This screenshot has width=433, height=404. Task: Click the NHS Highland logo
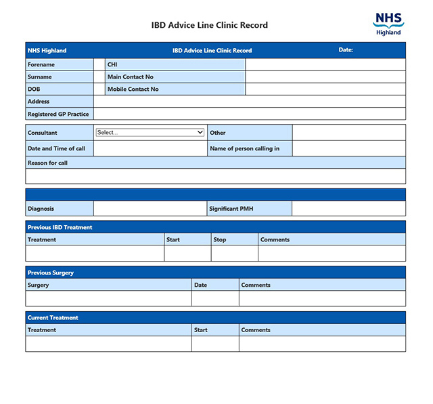[x=388, y=23]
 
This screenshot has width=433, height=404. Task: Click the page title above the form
[x=210, y=25]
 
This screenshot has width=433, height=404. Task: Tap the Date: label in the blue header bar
[x=346, y=49]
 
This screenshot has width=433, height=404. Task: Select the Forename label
[x=41, y=64]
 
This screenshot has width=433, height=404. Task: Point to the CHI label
[x=112, y=64]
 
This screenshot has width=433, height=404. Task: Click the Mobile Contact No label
[x=133, y=89]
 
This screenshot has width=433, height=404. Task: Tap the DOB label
[x=34, y=89]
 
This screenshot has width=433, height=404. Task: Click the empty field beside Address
[x=249, y=101]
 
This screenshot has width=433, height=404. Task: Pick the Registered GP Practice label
[x=58, y=114]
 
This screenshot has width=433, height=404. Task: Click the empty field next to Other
[x=348, y=133]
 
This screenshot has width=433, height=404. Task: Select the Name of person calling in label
[x=244, y=148]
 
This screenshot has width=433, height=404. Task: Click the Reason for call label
[x=47, y=163]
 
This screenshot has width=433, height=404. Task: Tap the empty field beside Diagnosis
[x=150, y=209]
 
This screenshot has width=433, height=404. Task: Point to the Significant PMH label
[x=231, y=209]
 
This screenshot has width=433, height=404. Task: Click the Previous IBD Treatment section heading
[x=60, y=227]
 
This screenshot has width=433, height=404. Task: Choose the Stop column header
[x=220, y=239]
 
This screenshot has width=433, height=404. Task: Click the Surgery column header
[x=39, y=285]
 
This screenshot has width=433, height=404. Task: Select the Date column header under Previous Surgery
[x=200, y=285]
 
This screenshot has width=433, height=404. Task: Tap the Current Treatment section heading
[x=53, y=317]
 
